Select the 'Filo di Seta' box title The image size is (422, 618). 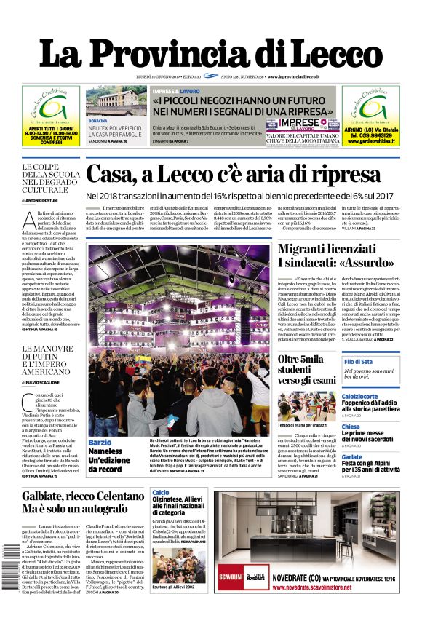pyautogui.click(x=359, y=362)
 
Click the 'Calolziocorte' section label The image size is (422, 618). pyautogui.click(x=359, y=397)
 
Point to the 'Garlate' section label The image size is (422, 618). pyautogui.click(x=351, y=457)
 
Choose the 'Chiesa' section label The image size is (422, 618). pyautogui.click(x=351, y=427)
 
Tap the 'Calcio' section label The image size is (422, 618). pyautogui.click(x=161, y=493)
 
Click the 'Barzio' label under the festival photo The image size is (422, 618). pyautogui.click(x=100, y=443)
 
